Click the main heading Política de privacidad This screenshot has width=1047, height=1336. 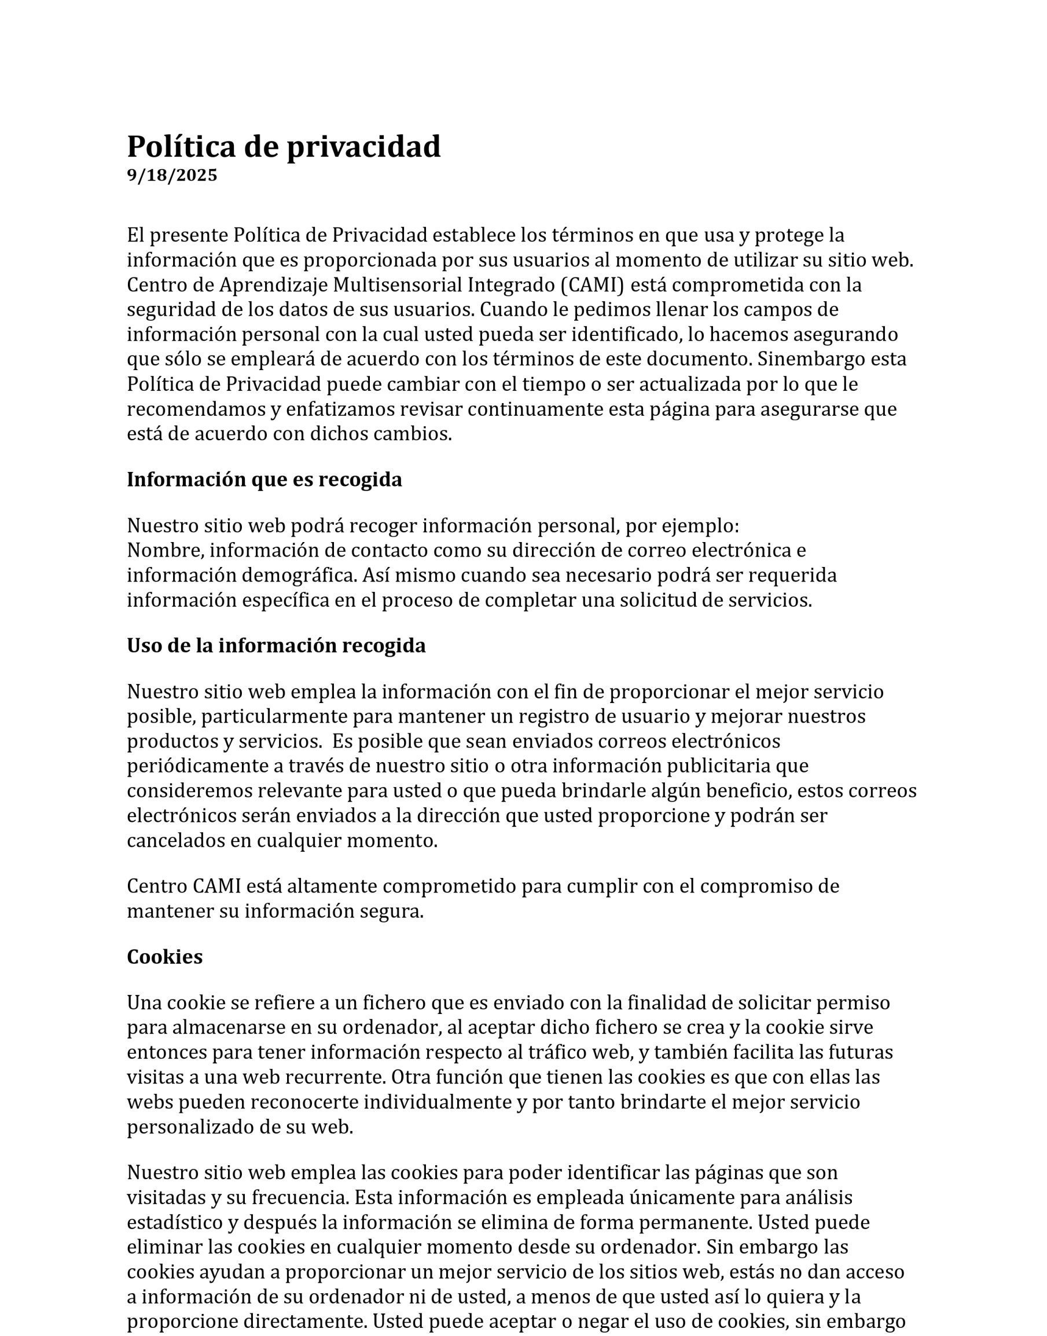283,147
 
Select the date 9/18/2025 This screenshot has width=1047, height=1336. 172,176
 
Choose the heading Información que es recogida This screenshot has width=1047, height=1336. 264,480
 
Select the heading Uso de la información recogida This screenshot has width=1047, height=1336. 276,646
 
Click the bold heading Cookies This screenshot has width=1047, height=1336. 164,957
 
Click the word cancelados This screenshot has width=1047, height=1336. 175,840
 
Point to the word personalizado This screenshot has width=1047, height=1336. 185,1128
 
